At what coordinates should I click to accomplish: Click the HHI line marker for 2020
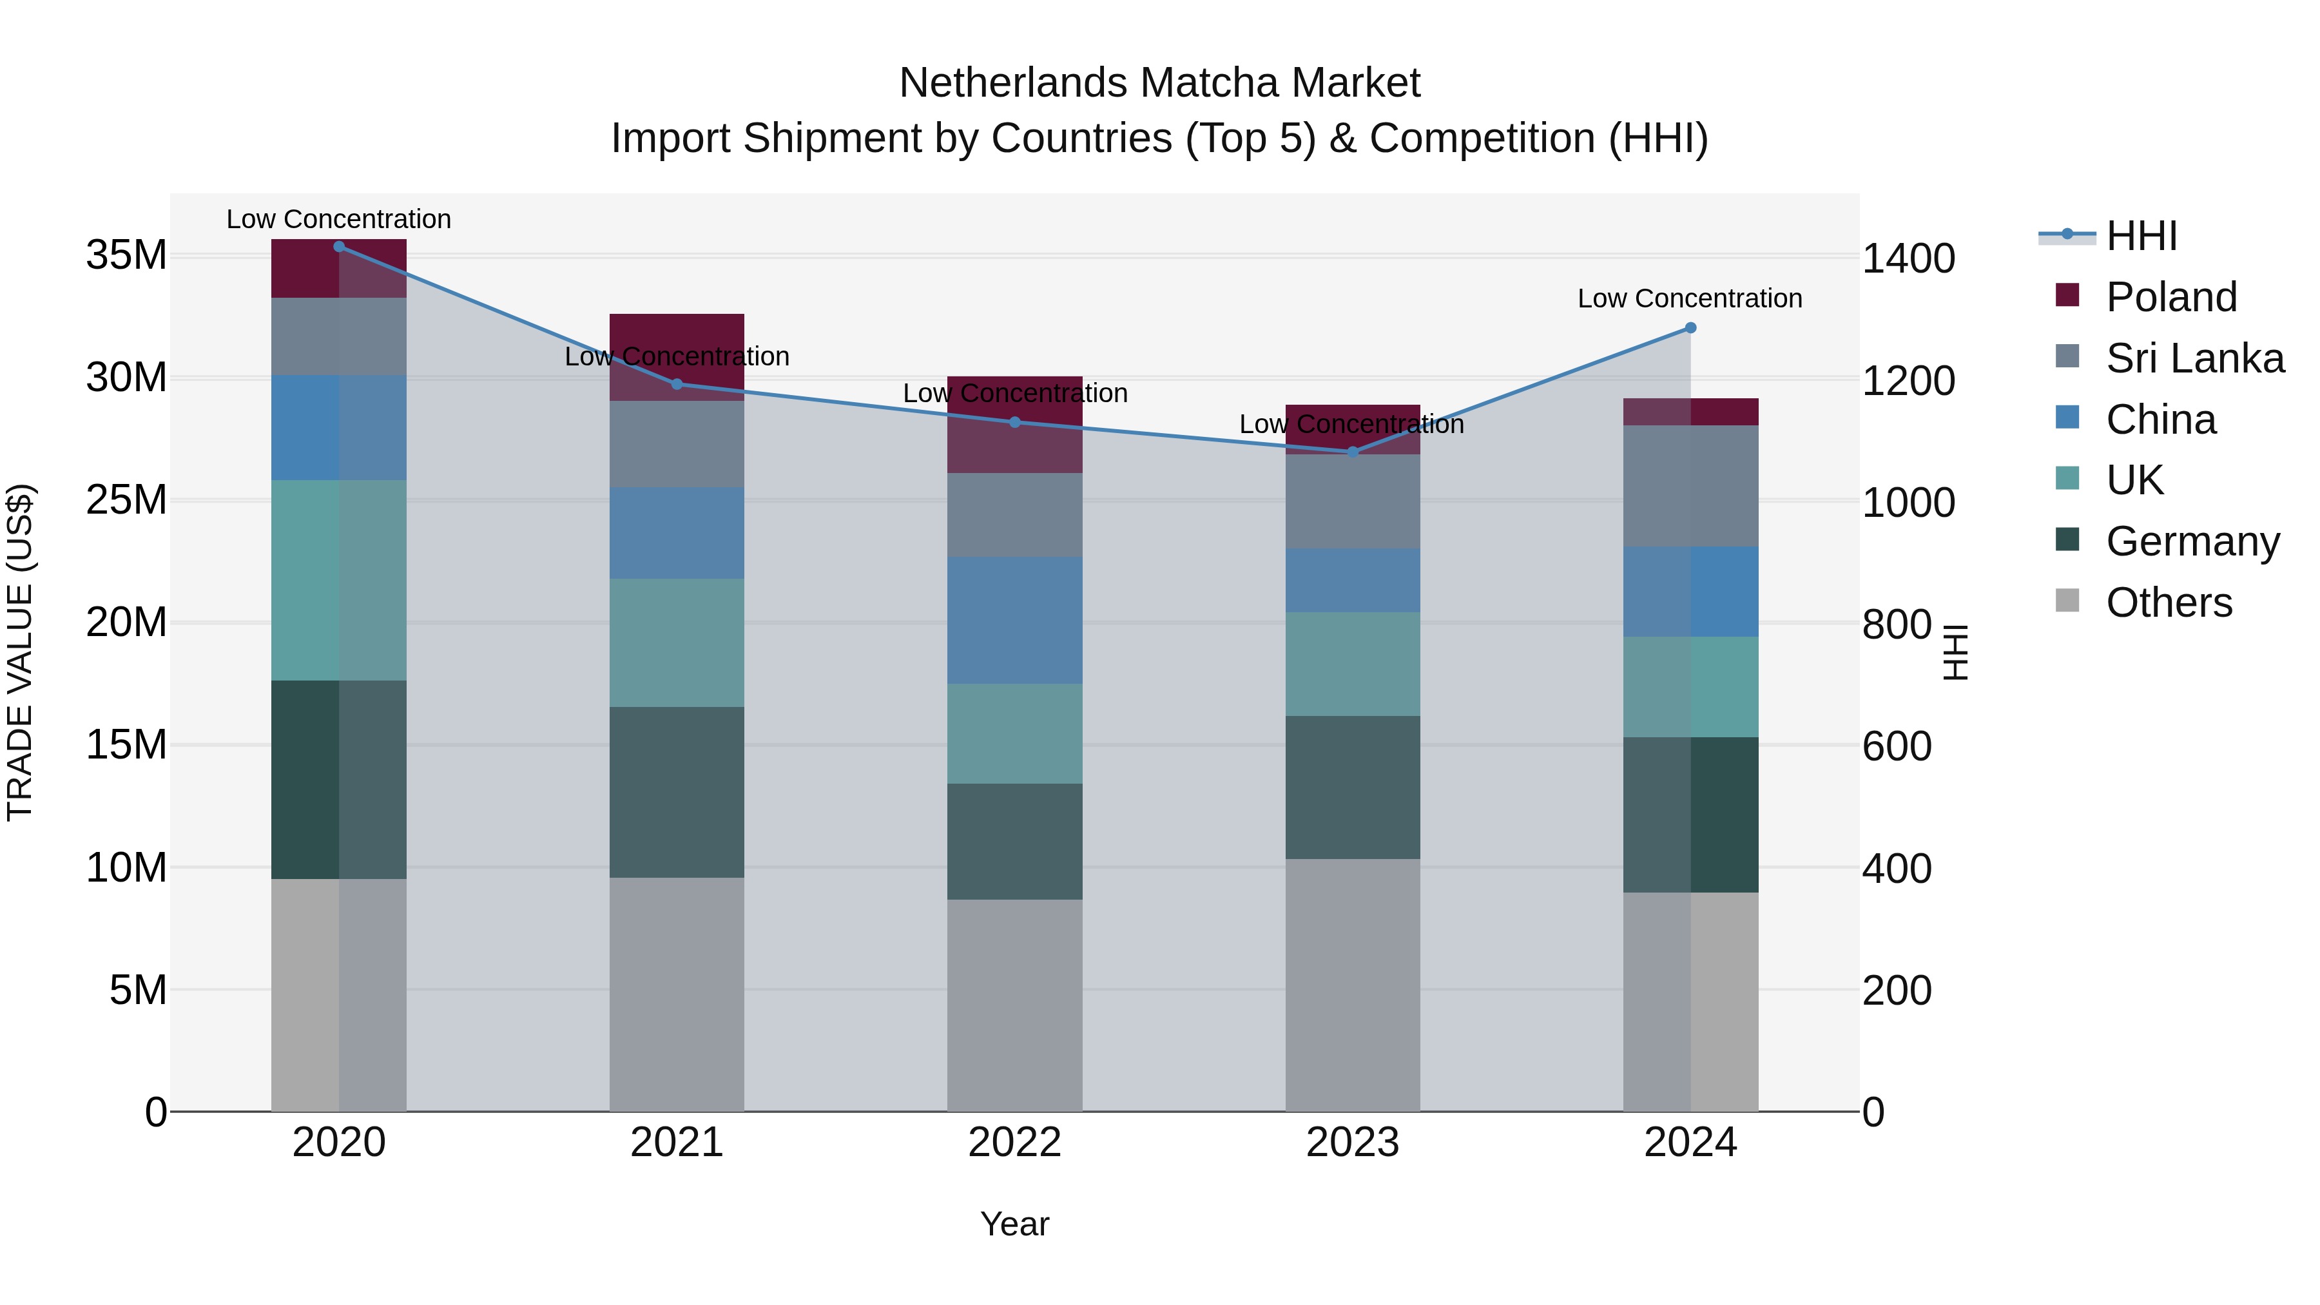point(338,247)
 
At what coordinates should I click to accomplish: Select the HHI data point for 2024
point(1690,328)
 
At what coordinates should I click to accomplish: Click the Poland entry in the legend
point(2170,297)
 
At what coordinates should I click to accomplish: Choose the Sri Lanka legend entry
point(2194,358)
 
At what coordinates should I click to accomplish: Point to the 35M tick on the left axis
point(126,256)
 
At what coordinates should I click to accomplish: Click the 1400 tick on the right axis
point(1908,259)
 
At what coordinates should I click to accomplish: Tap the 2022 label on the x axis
point(1014,1143)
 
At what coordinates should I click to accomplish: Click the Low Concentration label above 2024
point(1690,299)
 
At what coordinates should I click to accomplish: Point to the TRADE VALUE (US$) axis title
point(21,652)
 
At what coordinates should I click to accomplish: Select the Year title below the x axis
point(1014,1224)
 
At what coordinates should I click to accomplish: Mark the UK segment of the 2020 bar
point(338,580)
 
